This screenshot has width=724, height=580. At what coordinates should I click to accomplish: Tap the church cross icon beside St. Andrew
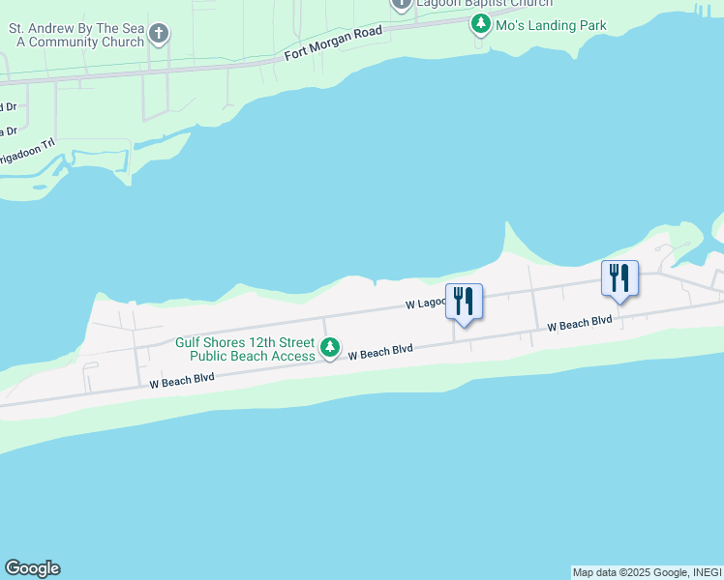[x=160, y=36]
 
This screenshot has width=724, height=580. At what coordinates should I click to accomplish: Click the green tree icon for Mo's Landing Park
[x=480, y=24]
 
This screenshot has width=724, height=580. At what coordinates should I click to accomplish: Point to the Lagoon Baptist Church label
[x=484, y=4]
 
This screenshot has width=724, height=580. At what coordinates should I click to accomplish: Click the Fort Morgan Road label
[x=334, y=43]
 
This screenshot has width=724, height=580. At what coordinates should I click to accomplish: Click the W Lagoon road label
[x=424, y=304]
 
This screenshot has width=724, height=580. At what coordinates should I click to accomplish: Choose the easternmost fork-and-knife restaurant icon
[x=619, y=278]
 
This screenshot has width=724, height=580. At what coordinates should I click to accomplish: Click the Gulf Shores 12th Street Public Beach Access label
[x=245, y=349]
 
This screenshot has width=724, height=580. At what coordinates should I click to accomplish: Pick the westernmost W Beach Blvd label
[x=182, y=381]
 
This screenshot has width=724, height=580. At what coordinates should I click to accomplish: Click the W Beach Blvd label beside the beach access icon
[x=380, y=353]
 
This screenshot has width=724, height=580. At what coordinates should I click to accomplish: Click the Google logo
[x=32, y=568]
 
